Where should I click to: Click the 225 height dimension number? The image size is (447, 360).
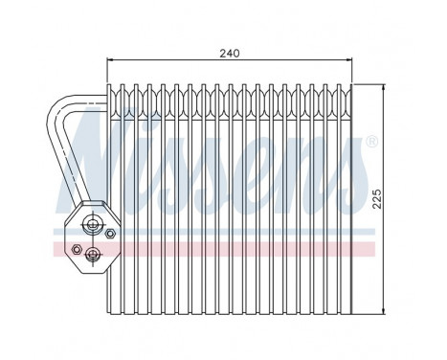pos(377,199)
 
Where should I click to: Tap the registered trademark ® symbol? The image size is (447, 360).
pos(370,142)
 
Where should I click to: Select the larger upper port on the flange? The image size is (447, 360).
pos(92,226)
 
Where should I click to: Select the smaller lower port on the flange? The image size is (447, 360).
pos(93,254)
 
